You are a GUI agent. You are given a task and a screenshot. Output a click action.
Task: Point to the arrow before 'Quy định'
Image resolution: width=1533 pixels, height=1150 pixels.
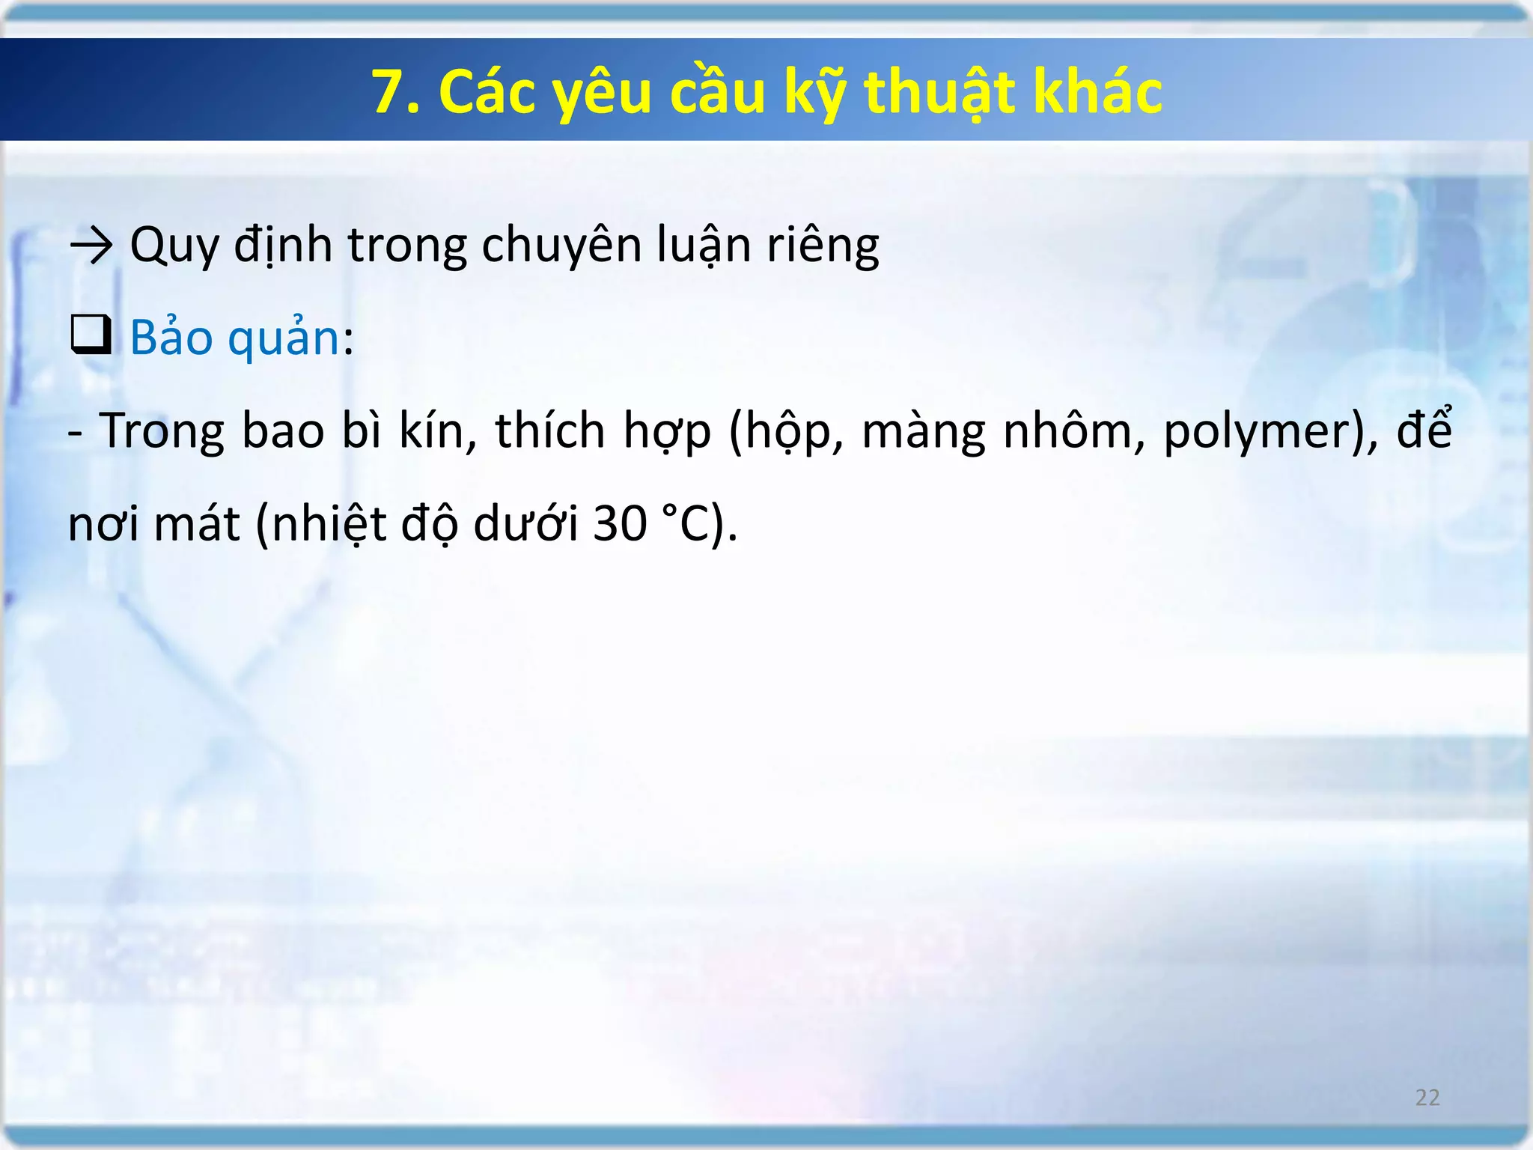91,245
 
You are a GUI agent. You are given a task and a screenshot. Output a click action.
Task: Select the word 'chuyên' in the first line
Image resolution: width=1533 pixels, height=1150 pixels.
561,245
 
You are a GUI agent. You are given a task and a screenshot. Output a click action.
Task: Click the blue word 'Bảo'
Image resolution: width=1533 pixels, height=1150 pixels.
171,337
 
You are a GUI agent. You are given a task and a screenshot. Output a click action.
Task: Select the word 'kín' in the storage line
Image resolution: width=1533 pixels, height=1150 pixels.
437,431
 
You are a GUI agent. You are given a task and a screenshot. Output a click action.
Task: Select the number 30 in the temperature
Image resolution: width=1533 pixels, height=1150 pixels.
620,523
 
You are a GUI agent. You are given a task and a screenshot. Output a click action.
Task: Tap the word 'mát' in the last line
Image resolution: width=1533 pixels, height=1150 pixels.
197,523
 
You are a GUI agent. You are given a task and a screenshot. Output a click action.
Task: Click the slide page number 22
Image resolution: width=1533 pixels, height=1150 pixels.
1427,1098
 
